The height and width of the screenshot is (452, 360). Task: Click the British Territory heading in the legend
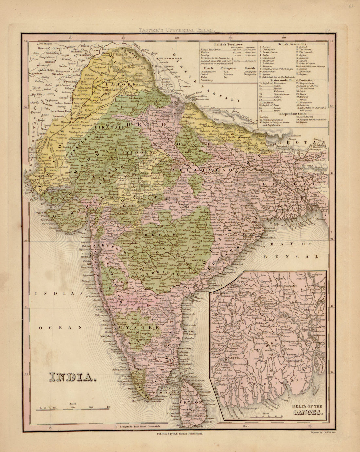(228, 44)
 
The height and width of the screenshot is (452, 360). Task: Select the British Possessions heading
(292, 44)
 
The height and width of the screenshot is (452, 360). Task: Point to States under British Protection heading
(292, 80)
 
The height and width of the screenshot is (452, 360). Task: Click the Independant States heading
(292, 114)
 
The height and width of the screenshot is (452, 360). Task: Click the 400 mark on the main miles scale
(108, 407)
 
